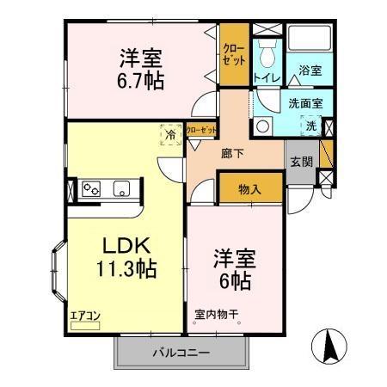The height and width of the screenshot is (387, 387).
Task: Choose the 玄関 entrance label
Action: pos(301,162)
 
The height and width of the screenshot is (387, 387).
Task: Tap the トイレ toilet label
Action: pos(265,77)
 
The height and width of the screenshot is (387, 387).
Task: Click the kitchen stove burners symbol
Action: pos(92,188)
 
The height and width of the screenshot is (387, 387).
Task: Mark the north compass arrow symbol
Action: pos(331,346)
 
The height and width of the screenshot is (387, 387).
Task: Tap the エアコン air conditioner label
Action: pos(86,316)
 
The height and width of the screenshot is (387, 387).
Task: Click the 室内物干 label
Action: pos(216,315)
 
